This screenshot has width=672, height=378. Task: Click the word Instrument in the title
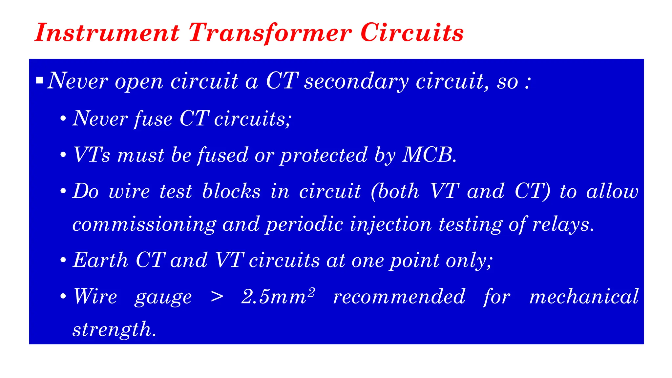click(x=107, y=33)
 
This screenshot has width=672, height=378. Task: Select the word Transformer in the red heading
click(x=270, y=33)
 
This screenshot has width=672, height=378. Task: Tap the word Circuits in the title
click(x=412, y=33)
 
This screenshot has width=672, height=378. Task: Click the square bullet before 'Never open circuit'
click(x=40, y=80)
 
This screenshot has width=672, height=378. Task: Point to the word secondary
click(x=356, y=81)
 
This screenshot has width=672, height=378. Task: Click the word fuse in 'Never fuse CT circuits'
click(x=153, y=118)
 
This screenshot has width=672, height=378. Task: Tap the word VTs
click(x=92, y=155)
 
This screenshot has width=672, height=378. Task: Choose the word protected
click(x=324, y=155)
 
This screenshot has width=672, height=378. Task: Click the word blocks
click(x=231, y=191)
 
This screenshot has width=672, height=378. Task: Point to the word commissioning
click(x=144, y=225)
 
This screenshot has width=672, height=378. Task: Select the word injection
click(x=390, y=225)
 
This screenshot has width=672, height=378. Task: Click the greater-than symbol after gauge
click(x=217, y=297)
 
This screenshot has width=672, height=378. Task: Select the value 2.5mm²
click(x=278, y=296)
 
